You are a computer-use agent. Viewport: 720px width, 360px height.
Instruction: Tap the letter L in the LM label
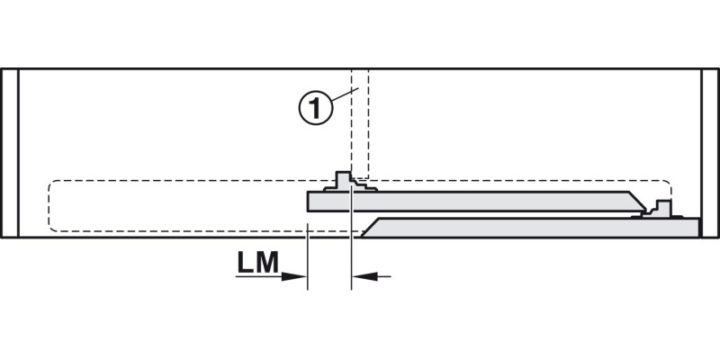(245, 263)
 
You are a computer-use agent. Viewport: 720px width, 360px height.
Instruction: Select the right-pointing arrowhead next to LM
(294, 276)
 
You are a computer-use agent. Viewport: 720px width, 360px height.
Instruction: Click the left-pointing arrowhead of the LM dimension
(364, 276)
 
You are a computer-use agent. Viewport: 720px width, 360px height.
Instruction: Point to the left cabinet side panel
(10, 153)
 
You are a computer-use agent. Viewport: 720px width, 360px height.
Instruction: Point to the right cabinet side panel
(710, 153)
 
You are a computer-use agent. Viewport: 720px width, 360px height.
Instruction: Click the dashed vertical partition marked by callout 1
(359, 123)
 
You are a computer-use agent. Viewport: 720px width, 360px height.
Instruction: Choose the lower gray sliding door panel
(530, 228)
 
